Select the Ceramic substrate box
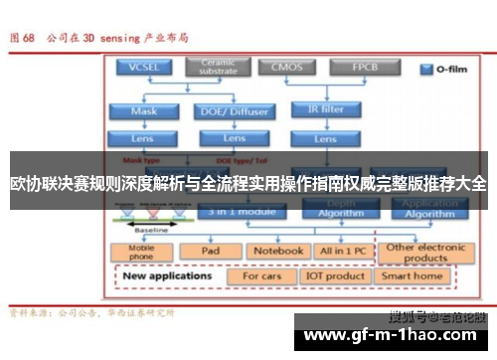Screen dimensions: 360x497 coord(219,68)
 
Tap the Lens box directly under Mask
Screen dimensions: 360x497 coord(142,138)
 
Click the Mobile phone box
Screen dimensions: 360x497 coord(142,253)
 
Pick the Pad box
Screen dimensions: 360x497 coord(211,251)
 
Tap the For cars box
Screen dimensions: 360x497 coord(263,275)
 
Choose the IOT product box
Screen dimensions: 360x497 coord(337,275)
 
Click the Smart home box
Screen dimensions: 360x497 coord(413,275)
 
